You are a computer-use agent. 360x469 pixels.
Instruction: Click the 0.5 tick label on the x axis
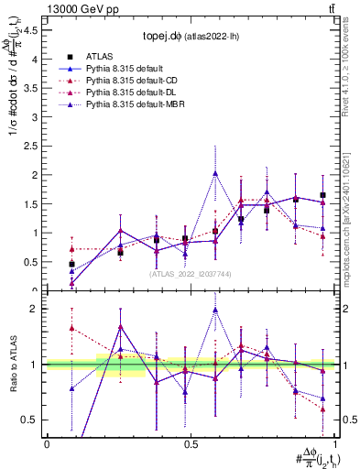pyautogui.click(x=191, y=443)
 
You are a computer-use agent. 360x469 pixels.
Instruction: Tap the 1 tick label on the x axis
pyautogui.click(x=333, y=443)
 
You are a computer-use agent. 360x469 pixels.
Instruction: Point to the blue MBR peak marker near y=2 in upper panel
pyautogui.click(x=215, y=173)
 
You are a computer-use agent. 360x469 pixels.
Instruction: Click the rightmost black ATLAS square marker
pyautogui.click(x=322, y=195)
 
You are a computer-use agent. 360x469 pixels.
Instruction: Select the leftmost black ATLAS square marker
pyautogui.click(x=71, y=264)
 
